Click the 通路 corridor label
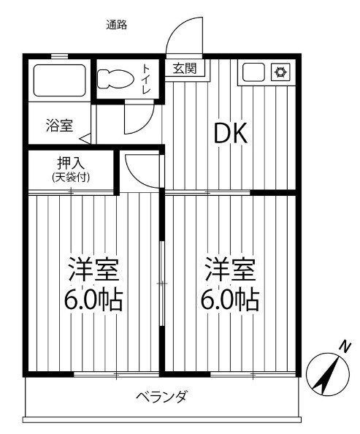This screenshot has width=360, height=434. tap(116, 26)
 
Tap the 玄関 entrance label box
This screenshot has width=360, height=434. tap(183, 69)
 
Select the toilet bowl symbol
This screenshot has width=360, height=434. tap(116, 78)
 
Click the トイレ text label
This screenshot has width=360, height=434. tap(146, 79)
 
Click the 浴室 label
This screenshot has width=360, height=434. tap(60, 125)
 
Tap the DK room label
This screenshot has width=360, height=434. tap(231, 133)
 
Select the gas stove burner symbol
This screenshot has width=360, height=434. tap(280, 72)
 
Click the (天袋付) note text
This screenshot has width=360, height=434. tap(71, 178)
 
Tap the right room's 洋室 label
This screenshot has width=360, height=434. tap(231, 270)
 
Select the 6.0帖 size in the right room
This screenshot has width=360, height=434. tap(231, 300)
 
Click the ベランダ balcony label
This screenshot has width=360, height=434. tap(161, 397)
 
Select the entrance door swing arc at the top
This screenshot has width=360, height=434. tap(182, 37)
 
